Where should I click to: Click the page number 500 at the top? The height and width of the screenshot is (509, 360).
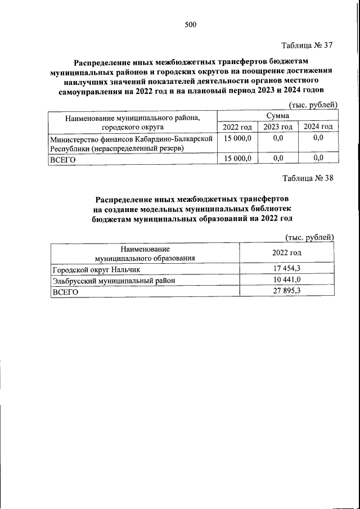[x=190, y=24]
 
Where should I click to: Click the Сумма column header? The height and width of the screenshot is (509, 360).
[x=277, y=115]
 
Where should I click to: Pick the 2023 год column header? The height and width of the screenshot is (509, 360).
[x=278, y=127]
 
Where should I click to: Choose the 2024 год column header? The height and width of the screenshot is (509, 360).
[x=318, y=127]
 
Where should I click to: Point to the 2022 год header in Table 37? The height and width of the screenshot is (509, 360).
[x=237, y=127]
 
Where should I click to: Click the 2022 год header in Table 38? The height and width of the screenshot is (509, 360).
[x=287, y=253]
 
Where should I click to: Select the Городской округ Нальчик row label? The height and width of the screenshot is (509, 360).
[x=91, y=269]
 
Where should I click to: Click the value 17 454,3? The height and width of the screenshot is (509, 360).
[x=287, y=269]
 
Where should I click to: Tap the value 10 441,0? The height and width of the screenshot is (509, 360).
[x=287, y=280]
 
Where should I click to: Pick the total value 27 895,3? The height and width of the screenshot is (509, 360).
[x=287, y=291]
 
